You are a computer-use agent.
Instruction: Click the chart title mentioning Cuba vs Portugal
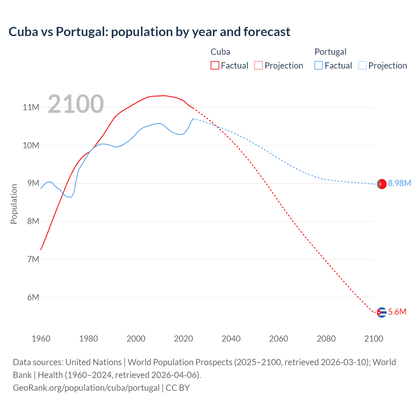pyautogui.click(x=149, y=32)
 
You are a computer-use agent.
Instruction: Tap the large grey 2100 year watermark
pyautogui.click(x=76, y=104)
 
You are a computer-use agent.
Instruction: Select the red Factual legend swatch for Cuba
pyautogui.click(x=215, y=65)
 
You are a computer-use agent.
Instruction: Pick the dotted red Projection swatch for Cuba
pyautogui.click(x=259, y=65)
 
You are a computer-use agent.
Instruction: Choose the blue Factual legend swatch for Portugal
pyautogui.click(x=319, y=65)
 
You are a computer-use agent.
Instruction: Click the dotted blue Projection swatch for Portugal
pyautogui.click(x=363, y=65)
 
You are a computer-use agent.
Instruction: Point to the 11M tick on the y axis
pyautogui.click(x=31, y=107)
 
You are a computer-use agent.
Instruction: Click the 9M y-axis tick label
pyautogui.click(x=33, y=183)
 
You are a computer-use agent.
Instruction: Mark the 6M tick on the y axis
pyautogui.click(x=33, y=297)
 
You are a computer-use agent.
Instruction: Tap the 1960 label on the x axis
pyautogui.click(x=41, y=339)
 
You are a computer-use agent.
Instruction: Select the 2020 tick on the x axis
pyautogui.click(x=183, y=339)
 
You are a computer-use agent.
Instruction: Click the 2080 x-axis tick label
pyautogui.click(x=326, y=339)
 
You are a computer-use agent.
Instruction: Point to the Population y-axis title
pyautogui.click(x=14, y=204)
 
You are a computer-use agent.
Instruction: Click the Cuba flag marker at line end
pyautogui.click(x=381, y=312)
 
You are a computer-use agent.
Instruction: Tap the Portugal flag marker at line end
pyautogui.click(x=381, y=184)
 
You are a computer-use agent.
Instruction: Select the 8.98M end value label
pyautogui.click(x=399, y=183)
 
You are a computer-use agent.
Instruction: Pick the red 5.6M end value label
pyautogui.click(x=397, y=312)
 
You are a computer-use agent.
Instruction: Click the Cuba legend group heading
pyautogui.click(x=220, y=52)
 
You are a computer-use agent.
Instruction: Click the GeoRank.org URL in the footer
pyautogui.click(x=86, y=388)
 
